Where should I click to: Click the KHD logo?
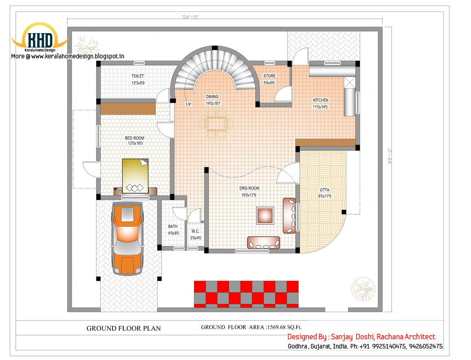[40, 37]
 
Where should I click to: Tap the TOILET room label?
[138, 76]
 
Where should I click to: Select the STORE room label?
[270, 76]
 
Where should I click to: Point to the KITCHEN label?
[321, 100]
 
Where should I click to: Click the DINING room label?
[212, 97]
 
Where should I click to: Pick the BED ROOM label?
[135, 138]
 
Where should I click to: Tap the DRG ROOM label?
[249, 188]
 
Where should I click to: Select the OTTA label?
[324, 190]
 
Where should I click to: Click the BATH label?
[173, 226]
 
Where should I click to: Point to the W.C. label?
[195, 231]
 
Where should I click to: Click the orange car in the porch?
[127, 239]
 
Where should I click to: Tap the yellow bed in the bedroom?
[135, 176]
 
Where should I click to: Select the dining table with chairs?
[216, 124]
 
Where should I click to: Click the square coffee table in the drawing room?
[265, 215]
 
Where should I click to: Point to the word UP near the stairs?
[188, 104]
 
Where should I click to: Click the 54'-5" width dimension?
[191, 17]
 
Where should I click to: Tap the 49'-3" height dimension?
[390, 156]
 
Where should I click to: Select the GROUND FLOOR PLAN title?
[124, 328]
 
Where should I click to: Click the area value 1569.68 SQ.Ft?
[284, 327]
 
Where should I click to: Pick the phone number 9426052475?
[425, 346]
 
